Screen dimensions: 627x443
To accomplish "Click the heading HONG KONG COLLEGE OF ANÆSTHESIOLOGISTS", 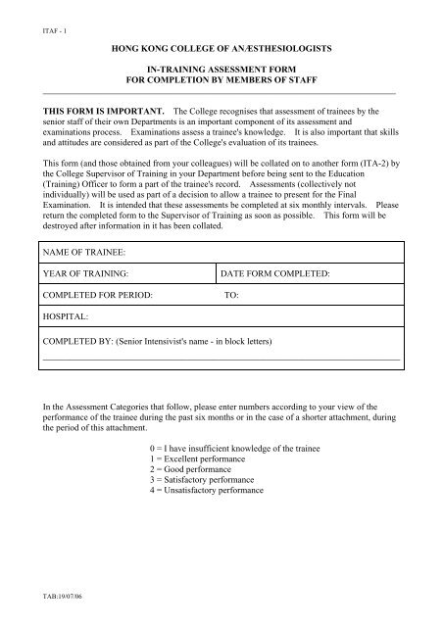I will (221, 46).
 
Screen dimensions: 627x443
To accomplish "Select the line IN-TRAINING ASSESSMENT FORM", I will (221, 72).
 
